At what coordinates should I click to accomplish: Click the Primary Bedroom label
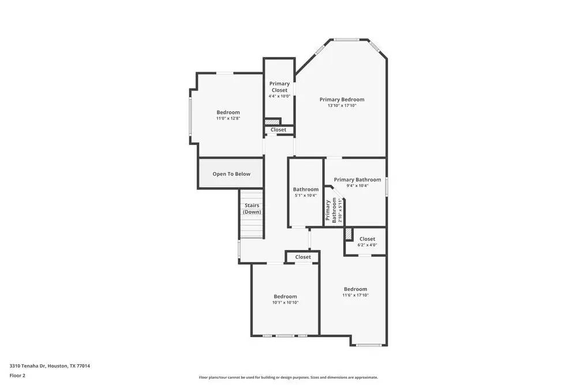click(342, 99)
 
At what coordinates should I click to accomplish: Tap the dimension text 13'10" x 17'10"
click(342, 106)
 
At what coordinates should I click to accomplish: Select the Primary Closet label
click(279, 87)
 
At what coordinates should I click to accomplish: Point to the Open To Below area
click(231, 174)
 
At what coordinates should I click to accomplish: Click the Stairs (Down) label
click(252, 208)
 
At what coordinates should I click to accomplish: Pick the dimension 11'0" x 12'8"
click(228, 118)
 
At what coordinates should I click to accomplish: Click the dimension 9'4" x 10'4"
click(357, 186)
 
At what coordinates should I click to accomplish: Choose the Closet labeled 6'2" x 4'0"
click(367, 241)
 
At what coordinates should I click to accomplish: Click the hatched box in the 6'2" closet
click(349, 233)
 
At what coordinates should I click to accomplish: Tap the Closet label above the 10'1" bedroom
click(303, 257)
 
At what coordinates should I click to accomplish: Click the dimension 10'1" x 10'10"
click(285, 302)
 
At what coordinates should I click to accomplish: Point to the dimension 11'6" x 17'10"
click(355, 295)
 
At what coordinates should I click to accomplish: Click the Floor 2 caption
click(17, 375)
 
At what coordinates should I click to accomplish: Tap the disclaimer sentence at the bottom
click(288, 377)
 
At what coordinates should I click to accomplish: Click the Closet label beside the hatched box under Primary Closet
click(279, 130)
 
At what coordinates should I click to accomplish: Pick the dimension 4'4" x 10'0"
click(279, 96)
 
